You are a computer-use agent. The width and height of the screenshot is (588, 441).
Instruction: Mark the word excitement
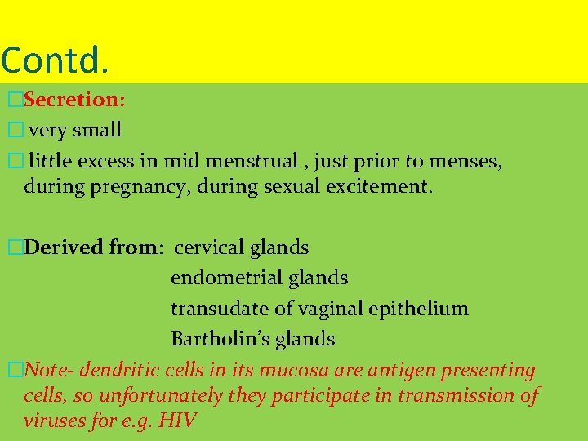(x=376, y=187)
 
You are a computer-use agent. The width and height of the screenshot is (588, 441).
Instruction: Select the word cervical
(x=210, y=247)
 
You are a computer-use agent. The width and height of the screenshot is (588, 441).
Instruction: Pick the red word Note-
(x=51, y=370)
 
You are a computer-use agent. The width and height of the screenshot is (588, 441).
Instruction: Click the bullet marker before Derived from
(x=12, y=247)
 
